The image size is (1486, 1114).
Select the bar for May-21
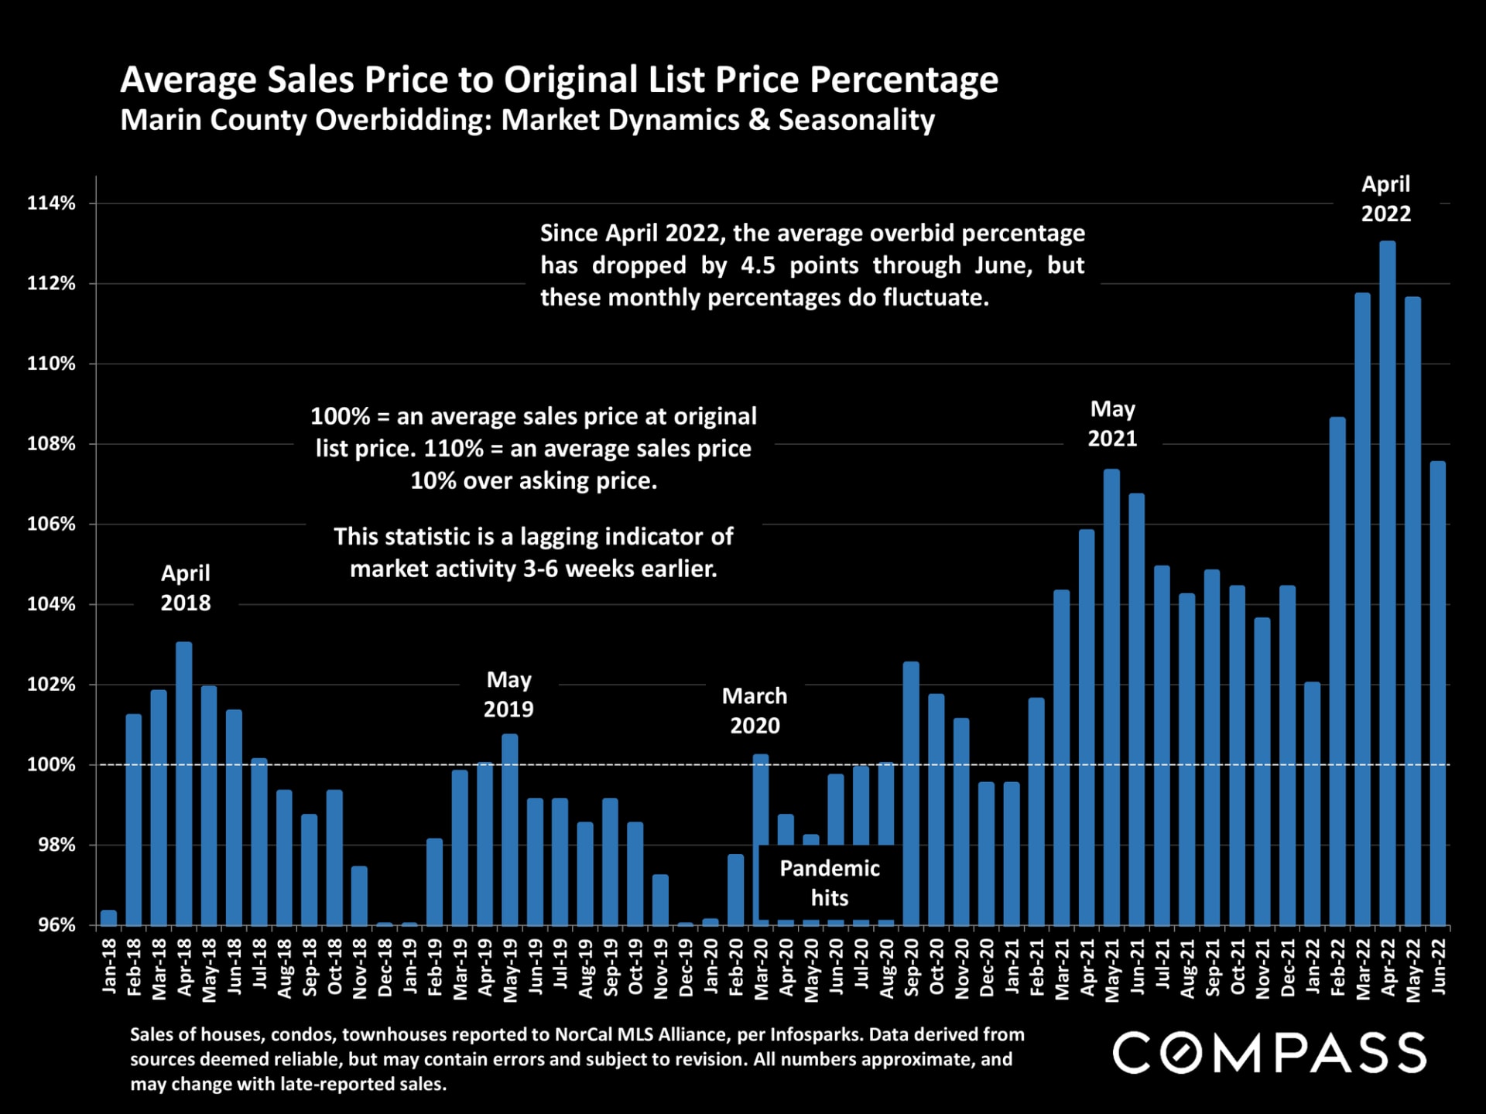point(1111,696)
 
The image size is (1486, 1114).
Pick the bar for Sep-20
point(911,793)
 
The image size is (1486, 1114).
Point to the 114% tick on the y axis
point(51,203)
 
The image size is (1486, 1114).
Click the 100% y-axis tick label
point(51,765)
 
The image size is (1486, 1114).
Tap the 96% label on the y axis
point(56,925)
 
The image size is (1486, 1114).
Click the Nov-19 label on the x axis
point(660,969)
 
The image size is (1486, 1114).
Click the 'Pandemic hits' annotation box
point(829,883)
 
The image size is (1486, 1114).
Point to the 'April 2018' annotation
point(186,588)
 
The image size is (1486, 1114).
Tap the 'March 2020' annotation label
point(755,711)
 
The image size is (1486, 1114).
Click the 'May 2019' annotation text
point(508,695)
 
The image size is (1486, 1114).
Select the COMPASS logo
point(1269,1053)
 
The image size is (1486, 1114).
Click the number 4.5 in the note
point(758,265)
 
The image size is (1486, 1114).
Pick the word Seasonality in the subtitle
point(856,121)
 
